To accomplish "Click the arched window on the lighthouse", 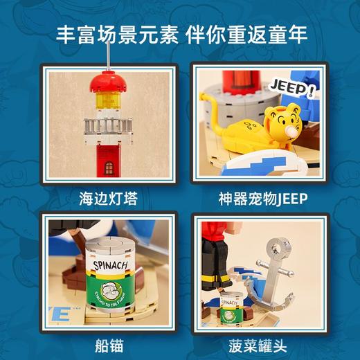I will click(109, 167).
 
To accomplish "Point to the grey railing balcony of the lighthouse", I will click(108, 125).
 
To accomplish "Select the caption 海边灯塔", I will click(109, 199).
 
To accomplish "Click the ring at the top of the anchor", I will click(281, 246).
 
